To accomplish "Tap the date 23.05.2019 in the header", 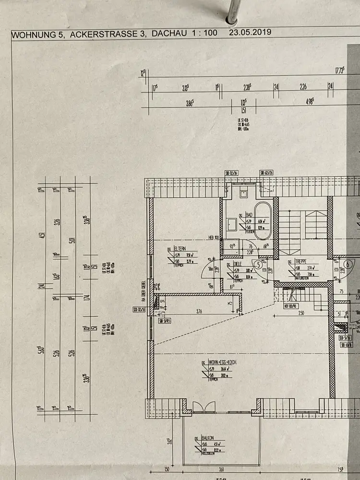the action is [x=250, y=33].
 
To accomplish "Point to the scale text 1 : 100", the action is [x=205, y=33].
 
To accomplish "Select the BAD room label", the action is [x=249, y=215].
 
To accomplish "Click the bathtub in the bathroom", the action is [x=263, y=220].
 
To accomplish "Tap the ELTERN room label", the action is [x=180, y=248].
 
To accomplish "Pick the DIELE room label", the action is [x=238, y=264].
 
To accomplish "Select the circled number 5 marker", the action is [x=258, y=264].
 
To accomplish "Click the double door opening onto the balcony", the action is [x=204, y=408].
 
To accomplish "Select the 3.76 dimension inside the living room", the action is [x=199, y=312].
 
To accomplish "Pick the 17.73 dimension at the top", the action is [x=339, y=71].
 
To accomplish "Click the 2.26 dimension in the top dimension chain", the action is [x=303, y=87].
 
